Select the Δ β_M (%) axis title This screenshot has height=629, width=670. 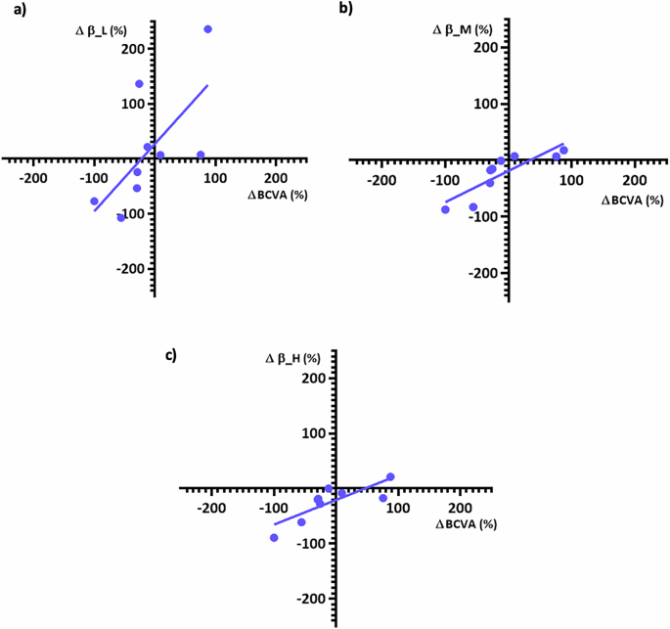462,30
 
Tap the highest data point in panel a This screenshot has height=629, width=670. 207,29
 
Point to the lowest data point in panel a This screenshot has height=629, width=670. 121,217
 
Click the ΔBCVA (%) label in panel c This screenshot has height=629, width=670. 466,524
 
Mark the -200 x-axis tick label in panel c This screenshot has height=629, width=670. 211,508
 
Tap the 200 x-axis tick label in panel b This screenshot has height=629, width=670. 634,179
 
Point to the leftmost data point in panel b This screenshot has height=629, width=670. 445,209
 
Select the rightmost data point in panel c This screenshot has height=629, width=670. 390,477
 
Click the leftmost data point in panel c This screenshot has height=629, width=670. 274,538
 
